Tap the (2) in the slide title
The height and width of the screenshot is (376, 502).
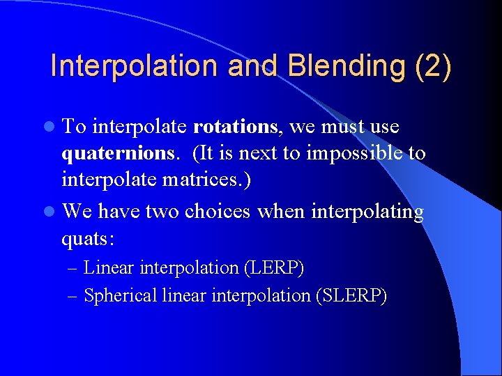click(433, 67)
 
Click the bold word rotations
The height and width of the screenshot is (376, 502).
click(236, 127)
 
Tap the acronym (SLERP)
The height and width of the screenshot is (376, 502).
click(351, 295)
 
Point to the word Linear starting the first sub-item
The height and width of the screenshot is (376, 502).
click(109, 267)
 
